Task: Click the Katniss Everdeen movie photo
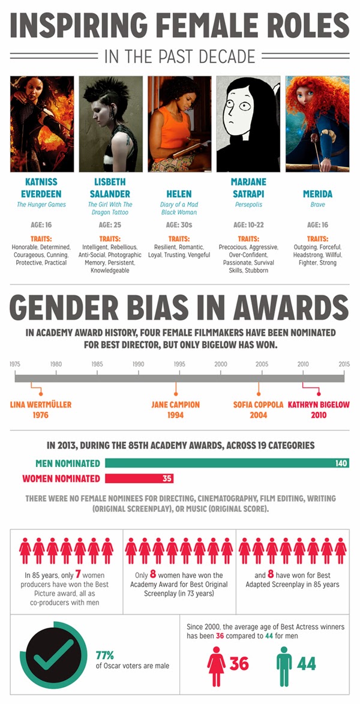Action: (x=42, y=124)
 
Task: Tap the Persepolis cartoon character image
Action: (x=248, y=124)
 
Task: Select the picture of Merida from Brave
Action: (x=317, y=124)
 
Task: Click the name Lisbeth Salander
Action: (x=110, y=187)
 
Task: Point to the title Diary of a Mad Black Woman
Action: (x=179, y=208)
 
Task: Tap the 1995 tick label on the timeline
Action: (x=179, y=364)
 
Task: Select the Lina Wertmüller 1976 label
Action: (x=41, y=409)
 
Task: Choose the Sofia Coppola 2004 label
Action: (x=258, y=409)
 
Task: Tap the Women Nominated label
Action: (x=61, y=478)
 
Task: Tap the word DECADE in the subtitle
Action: (x=226, y=56)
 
